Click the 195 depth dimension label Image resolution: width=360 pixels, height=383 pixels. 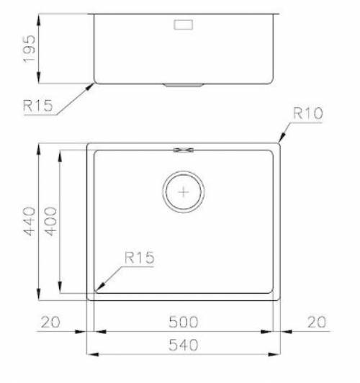coord(30,49)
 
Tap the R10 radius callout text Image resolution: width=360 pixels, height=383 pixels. coord(307,113)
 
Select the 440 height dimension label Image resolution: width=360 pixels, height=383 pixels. coord(29,221)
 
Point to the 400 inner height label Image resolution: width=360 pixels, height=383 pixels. coord(51,221)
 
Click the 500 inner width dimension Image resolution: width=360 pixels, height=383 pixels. coord(183,322)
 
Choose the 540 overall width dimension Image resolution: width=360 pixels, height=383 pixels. coord(183,345)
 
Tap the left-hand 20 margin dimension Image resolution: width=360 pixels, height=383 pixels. coord(50,322)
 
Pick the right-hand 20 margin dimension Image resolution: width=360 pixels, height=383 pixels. coord(317,322)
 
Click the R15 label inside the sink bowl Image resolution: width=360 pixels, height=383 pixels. coord(139,257)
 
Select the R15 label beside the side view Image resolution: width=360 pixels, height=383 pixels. coord(38,106)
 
